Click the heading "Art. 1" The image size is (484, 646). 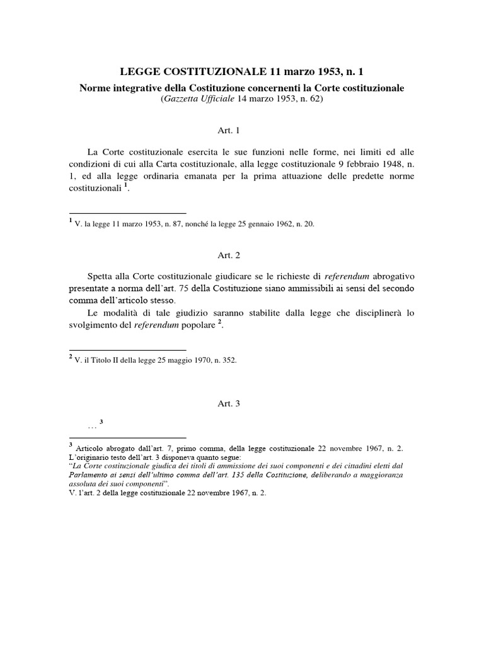tap(242, 131)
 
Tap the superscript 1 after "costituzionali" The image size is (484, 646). tap(125, 187)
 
